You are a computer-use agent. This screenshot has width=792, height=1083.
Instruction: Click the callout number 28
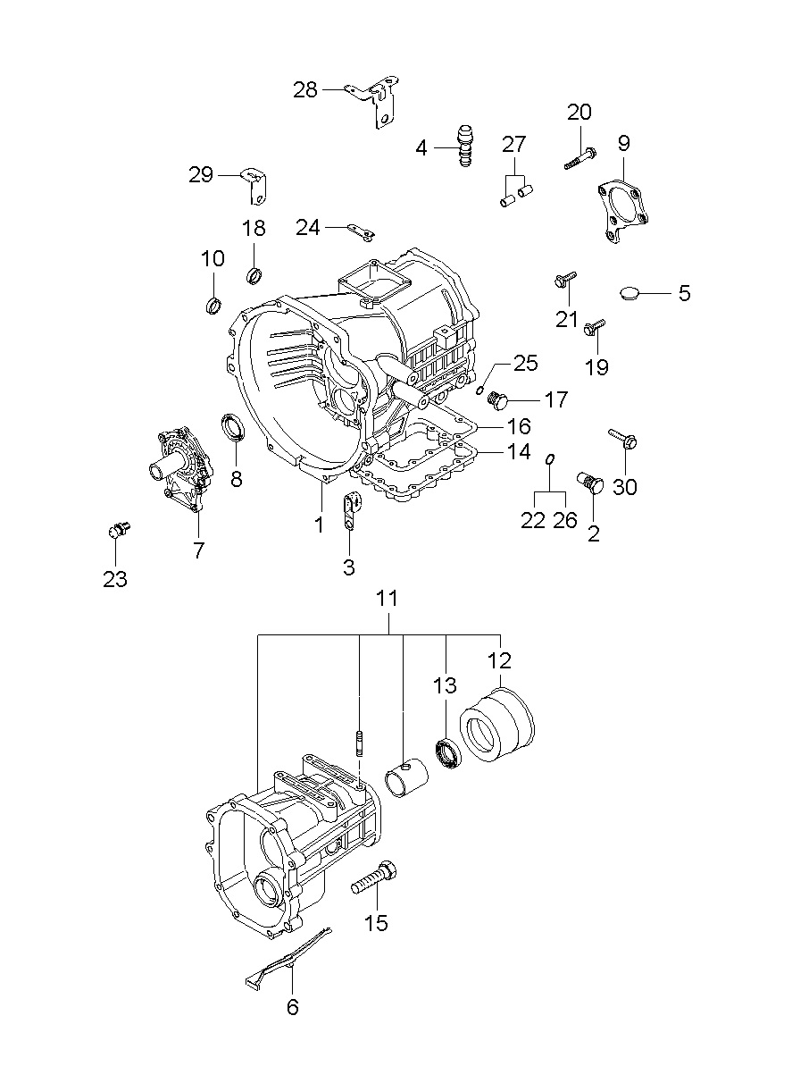tap(304, 90)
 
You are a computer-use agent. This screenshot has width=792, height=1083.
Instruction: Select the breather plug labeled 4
tap(465, 146)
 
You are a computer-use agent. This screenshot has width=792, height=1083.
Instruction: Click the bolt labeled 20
tap(579, 159)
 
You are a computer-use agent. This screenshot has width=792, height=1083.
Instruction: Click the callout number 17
tap(555, 399)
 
